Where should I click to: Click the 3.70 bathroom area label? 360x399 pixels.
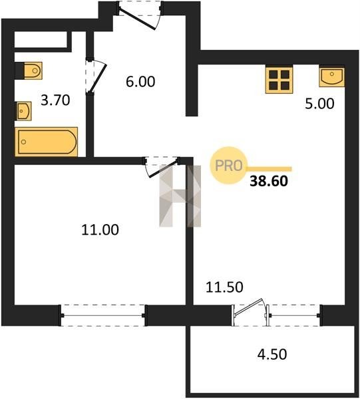point(55,100)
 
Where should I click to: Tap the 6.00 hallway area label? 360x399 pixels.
point(140,82)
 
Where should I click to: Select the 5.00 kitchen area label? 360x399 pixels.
point(319,104)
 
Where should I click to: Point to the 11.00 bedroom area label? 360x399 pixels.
point(100,229)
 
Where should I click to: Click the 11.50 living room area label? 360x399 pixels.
point(224,287)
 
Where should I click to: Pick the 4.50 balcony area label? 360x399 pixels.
point(272,354)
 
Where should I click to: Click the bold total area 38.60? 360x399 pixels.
point(269,181)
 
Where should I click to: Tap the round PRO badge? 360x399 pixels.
point(229,166)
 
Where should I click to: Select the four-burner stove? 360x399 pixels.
point(279,79)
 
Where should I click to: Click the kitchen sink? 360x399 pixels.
point(332,76)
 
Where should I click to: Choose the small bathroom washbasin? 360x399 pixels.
point(24,111)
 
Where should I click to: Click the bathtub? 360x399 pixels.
point(47,142)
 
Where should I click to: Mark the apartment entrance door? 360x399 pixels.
point(139,15)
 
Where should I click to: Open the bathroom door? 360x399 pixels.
point(95,76)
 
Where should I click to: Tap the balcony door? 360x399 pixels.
point(250,312)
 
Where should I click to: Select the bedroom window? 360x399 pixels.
point(103,315)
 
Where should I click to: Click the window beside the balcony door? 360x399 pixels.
point(294,315)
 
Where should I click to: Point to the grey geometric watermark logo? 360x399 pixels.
point(180,196)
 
